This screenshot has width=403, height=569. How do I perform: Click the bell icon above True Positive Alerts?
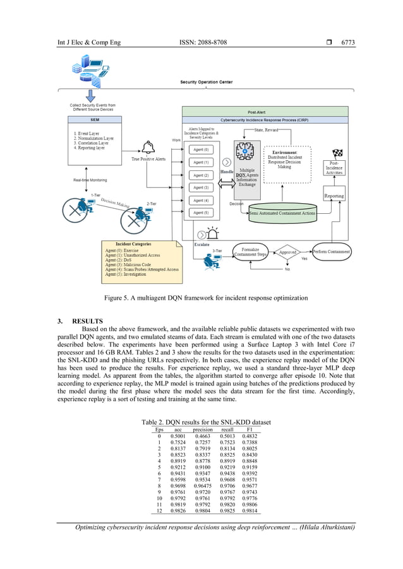[x=149, y=148]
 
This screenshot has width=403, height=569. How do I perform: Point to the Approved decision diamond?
[x=288, y=252]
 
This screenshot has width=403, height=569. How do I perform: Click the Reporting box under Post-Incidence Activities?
[x=334, y=196]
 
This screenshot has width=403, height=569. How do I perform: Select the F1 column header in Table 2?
[x=251, y=430]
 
